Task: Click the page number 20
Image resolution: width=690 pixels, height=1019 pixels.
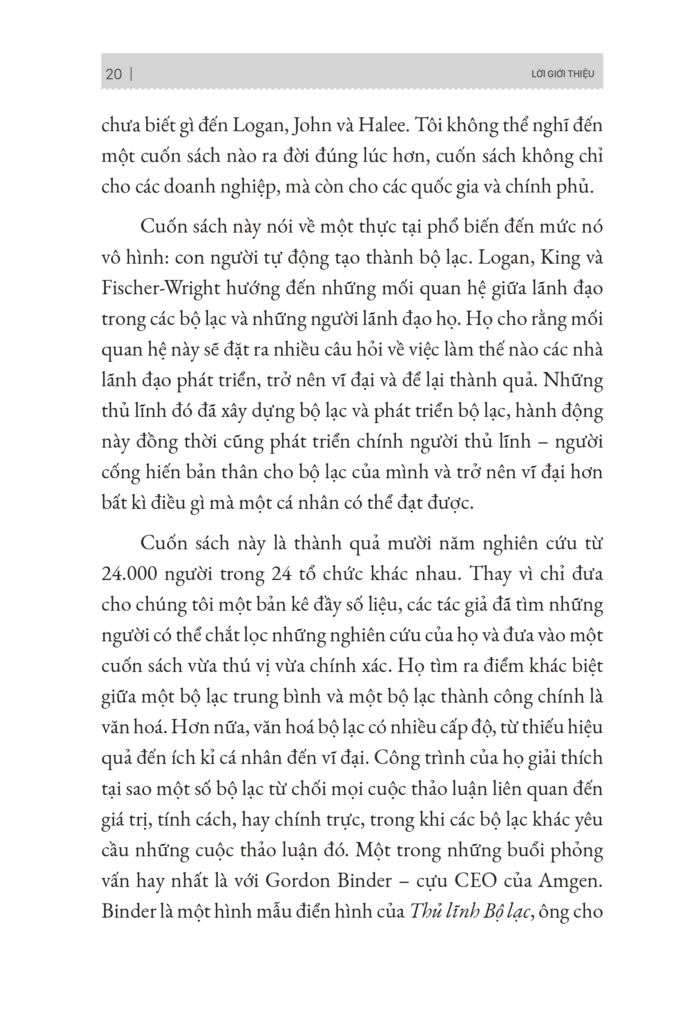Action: point(114,74)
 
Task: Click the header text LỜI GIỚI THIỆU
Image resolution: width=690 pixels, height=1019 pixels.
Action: point(563,74)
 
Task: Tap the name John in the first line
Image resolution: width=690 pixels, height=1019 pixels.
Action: point(307,126)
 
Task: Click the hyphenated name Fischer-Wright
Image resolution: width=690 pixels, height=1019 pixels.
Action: point(160,288)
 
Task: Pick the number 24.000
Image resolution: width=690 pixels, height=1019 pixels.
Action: point(129,574)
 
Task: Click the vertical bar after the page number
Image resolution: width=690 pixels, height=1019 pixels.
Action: point(132,74)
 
